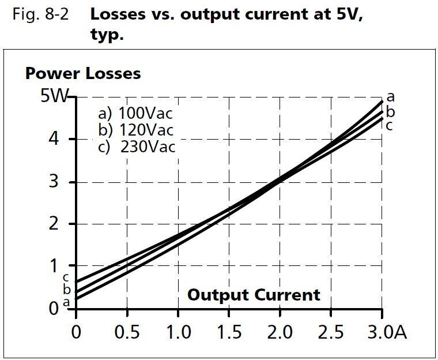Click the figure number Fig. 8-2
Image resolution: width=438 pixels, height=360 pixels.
coord(40,14)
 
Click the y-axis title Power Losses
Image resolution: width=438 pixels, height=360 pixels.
coord(82,74)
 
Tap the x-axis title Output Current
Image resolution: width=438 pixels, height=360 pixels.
coord(254,295)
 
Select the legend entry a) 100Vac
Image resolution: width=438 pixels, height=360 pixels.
coord(135,112)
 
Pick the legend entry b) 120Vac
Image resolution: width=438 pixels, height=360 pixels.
coord(135,129)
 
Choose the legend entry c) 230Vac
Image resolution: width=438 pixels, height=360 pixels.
coord(137,147)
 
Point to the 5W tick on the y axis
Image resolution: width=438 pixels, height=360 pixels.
coord(54,96)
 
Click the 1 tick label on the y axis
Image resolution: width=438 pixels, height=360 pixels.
coord(54,267)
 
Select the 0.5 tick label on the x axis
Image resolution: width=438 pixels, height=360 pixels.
coord(127,333)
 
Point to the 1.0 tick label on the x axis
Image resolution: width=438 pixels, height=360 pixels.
coord(178,333)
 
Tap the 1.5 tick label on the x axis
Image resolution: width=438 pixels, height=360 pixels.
coord(229,333)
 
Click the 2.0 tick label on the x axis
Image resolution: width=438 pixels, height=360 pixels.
coord(280,333)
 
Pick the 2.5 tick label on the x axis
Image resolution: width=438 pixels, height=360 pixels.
coord(331,333)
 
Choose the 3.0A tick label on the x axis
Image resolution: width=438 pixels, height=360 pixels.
coord(386,333)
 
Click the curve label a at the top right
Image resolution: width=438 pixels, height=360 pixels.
coord(390,97)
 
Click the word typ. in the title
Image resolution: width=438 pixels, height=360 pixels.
coord(107,34)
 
